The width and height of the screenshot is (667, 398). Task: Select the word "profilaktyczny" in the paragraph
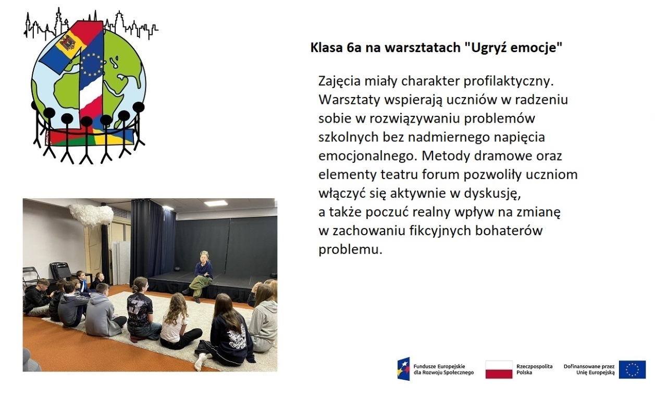(508, 81)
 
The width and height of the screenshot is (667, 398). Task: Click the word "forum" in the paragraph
(440, 175)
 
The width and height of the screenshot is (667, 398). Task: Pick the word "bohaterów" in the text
(509, 231)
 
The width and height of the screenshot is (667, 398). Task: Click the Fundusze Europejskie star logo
(403, 369)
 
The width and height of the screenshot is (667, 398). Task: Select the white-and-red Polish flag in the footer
(499, 369)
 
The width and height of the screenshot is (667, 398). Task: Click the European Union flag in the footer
(632, 369)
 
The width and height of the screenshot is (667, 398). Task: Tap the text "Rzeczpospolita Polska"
(534, 369)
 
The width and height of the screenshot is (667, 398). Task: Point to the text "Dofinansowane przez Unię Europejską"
(589, 369)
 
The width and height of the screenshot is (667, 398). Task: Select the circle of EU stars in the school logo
(92, 64)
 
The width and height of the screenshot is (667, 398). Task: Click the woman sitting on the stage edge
(201, 276)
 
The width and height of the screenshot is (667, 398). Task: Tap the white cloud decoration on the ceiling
(91, 215)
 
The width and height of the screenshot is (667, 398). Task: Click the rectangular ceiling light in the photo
(216, 203)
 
